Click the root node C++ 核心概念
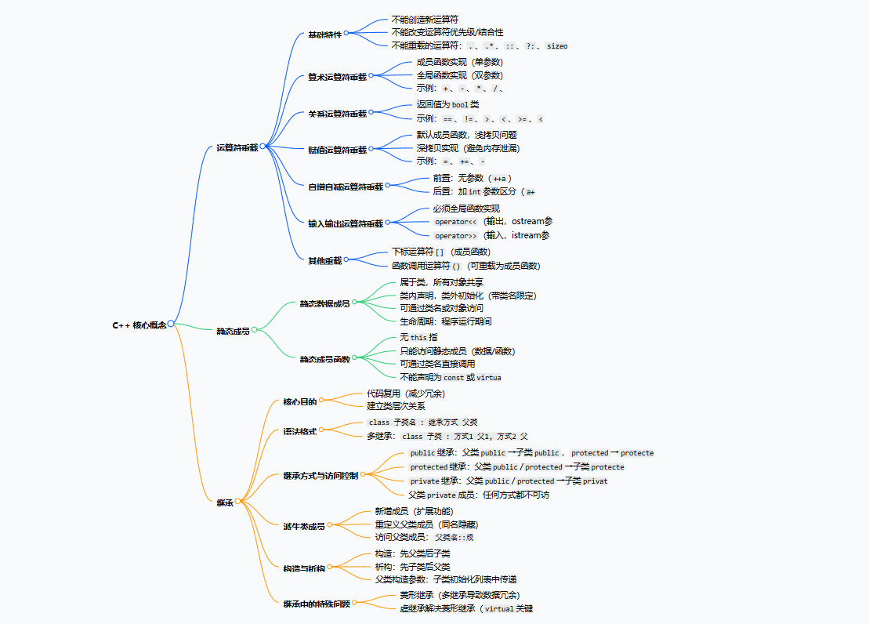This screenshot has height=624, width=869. click(x=139, y=325)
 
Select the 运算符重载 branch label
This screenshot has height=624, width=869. click(x=237, y=147)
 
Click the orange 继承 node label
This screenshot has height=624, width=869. click(x=225, y=502)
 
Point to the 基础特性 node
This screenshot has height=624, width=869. click(x=324, y=34)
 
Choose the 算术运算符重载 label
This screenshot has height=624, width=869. click(x=337, y=78)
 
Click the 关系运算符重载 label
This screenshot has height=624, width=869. click(x=337, y=114)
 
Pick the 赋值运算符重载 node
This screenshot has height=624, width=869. click(x=337, y=150)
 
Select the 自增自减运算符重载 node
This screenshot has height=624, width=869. click(x=346, y=187)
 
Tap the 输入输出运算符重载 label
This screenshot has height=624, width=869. click(x=346, y=223)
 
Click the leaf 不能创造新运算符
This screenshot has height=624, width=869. click(x=425, y=19)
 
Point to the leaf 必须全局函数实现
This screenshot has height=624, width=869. click(x=466, y=209)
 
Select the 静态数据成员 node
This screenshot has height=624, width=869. click(x=324, y=303)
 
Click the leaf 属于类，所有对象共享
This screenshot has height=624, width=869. click(x=441, y=282)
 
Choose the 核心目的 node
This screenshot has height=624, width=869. click(x=300, y=401)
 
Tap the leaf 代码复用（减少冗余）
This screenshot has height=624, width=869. click(x=406, y=394)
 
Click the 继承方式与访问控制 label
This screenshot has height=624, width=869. click(x=320, y=476)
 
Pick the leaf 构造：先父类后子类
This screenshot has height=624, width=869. click(x=412, y=553)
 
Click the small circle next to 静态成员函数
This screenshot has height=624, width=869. click(x=354, y=359)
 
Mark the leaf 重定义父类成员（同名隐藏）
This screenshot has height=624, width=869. click(x=426, y=524)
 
